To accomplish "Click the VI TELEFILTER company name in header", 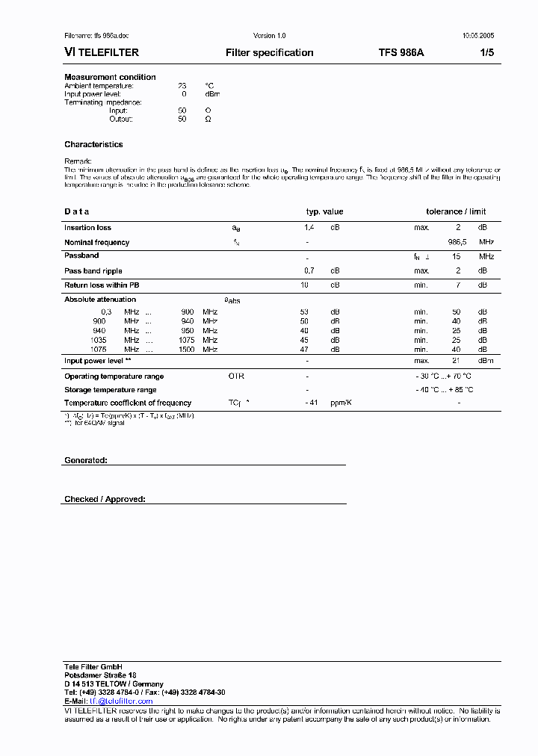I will tap(102, 53).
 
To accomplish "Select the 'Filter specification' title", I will tap(269, 53).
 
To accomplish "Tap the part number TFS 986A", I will tap(401, 53).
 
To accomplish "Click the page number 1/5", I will tap(486, 53).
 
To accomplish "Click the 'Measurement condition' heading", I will tap(110, 77).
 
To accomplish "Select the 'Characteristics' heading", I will tap(93, 144).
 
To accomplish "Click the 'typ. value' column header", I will tap(324, 212).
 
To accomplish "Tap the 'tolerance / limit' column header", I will tap(456, 212).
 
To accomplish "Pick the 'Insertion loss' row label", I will tap(87, 228).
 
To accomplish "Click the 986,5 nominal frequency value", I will tap(457, 243).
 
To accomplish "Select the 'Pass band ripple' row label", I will tap(93, 271).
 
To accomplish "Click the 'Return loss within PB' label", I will tap(102, 285).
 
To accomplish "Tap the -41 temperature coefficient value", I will tap(312, 403).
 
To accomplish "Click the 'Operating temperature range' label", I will tap(114, 377).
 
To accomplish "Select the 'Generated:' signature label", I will tap(85, 461).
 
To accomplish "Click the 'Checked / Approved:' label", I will tap(105, 499).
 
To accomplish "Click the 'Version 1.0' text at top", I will tap(269, 36).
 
